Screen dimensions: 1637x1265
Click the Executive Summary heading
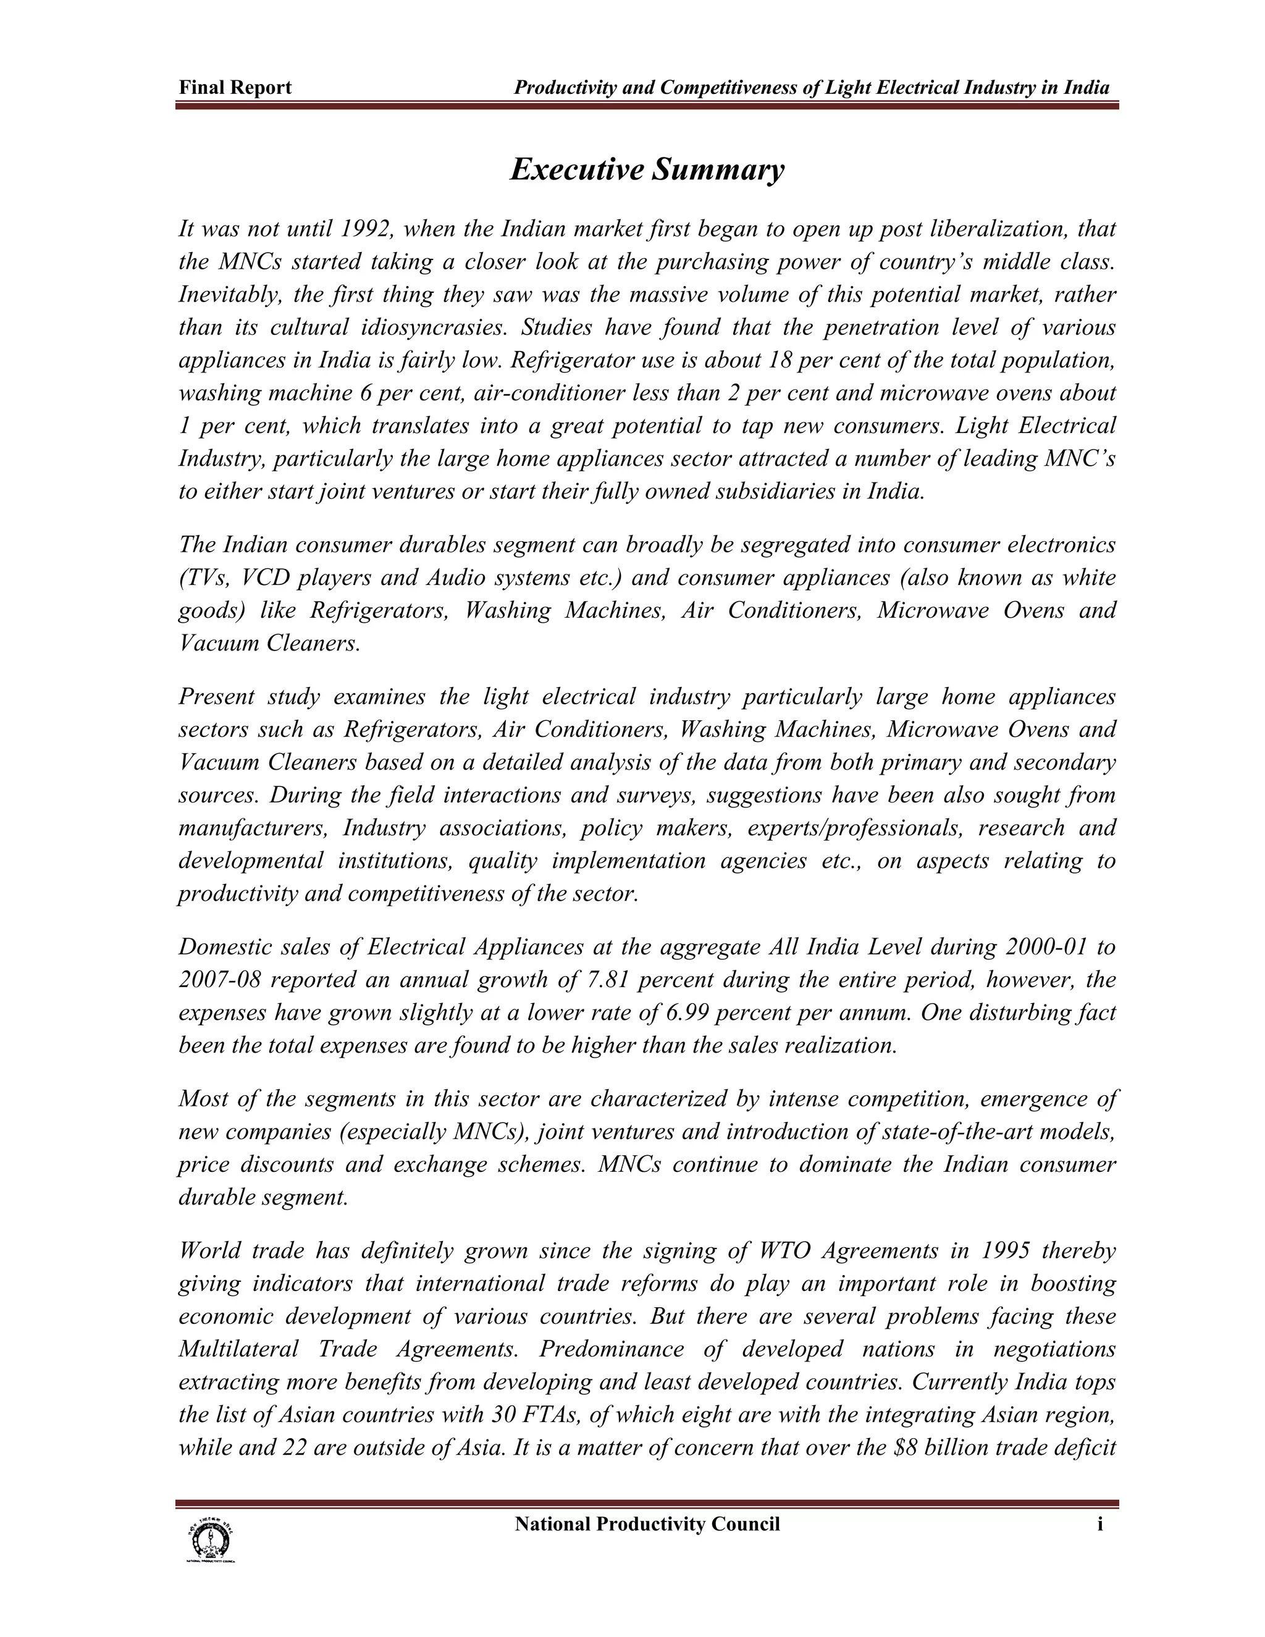click(647, 169)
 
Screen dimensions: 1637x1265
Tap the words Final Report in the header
click(235, 88)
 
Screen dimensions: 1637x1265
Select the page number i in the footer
click(1099, 1525)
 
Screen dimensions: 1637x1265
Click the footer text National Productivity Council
click(647, 1525)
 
